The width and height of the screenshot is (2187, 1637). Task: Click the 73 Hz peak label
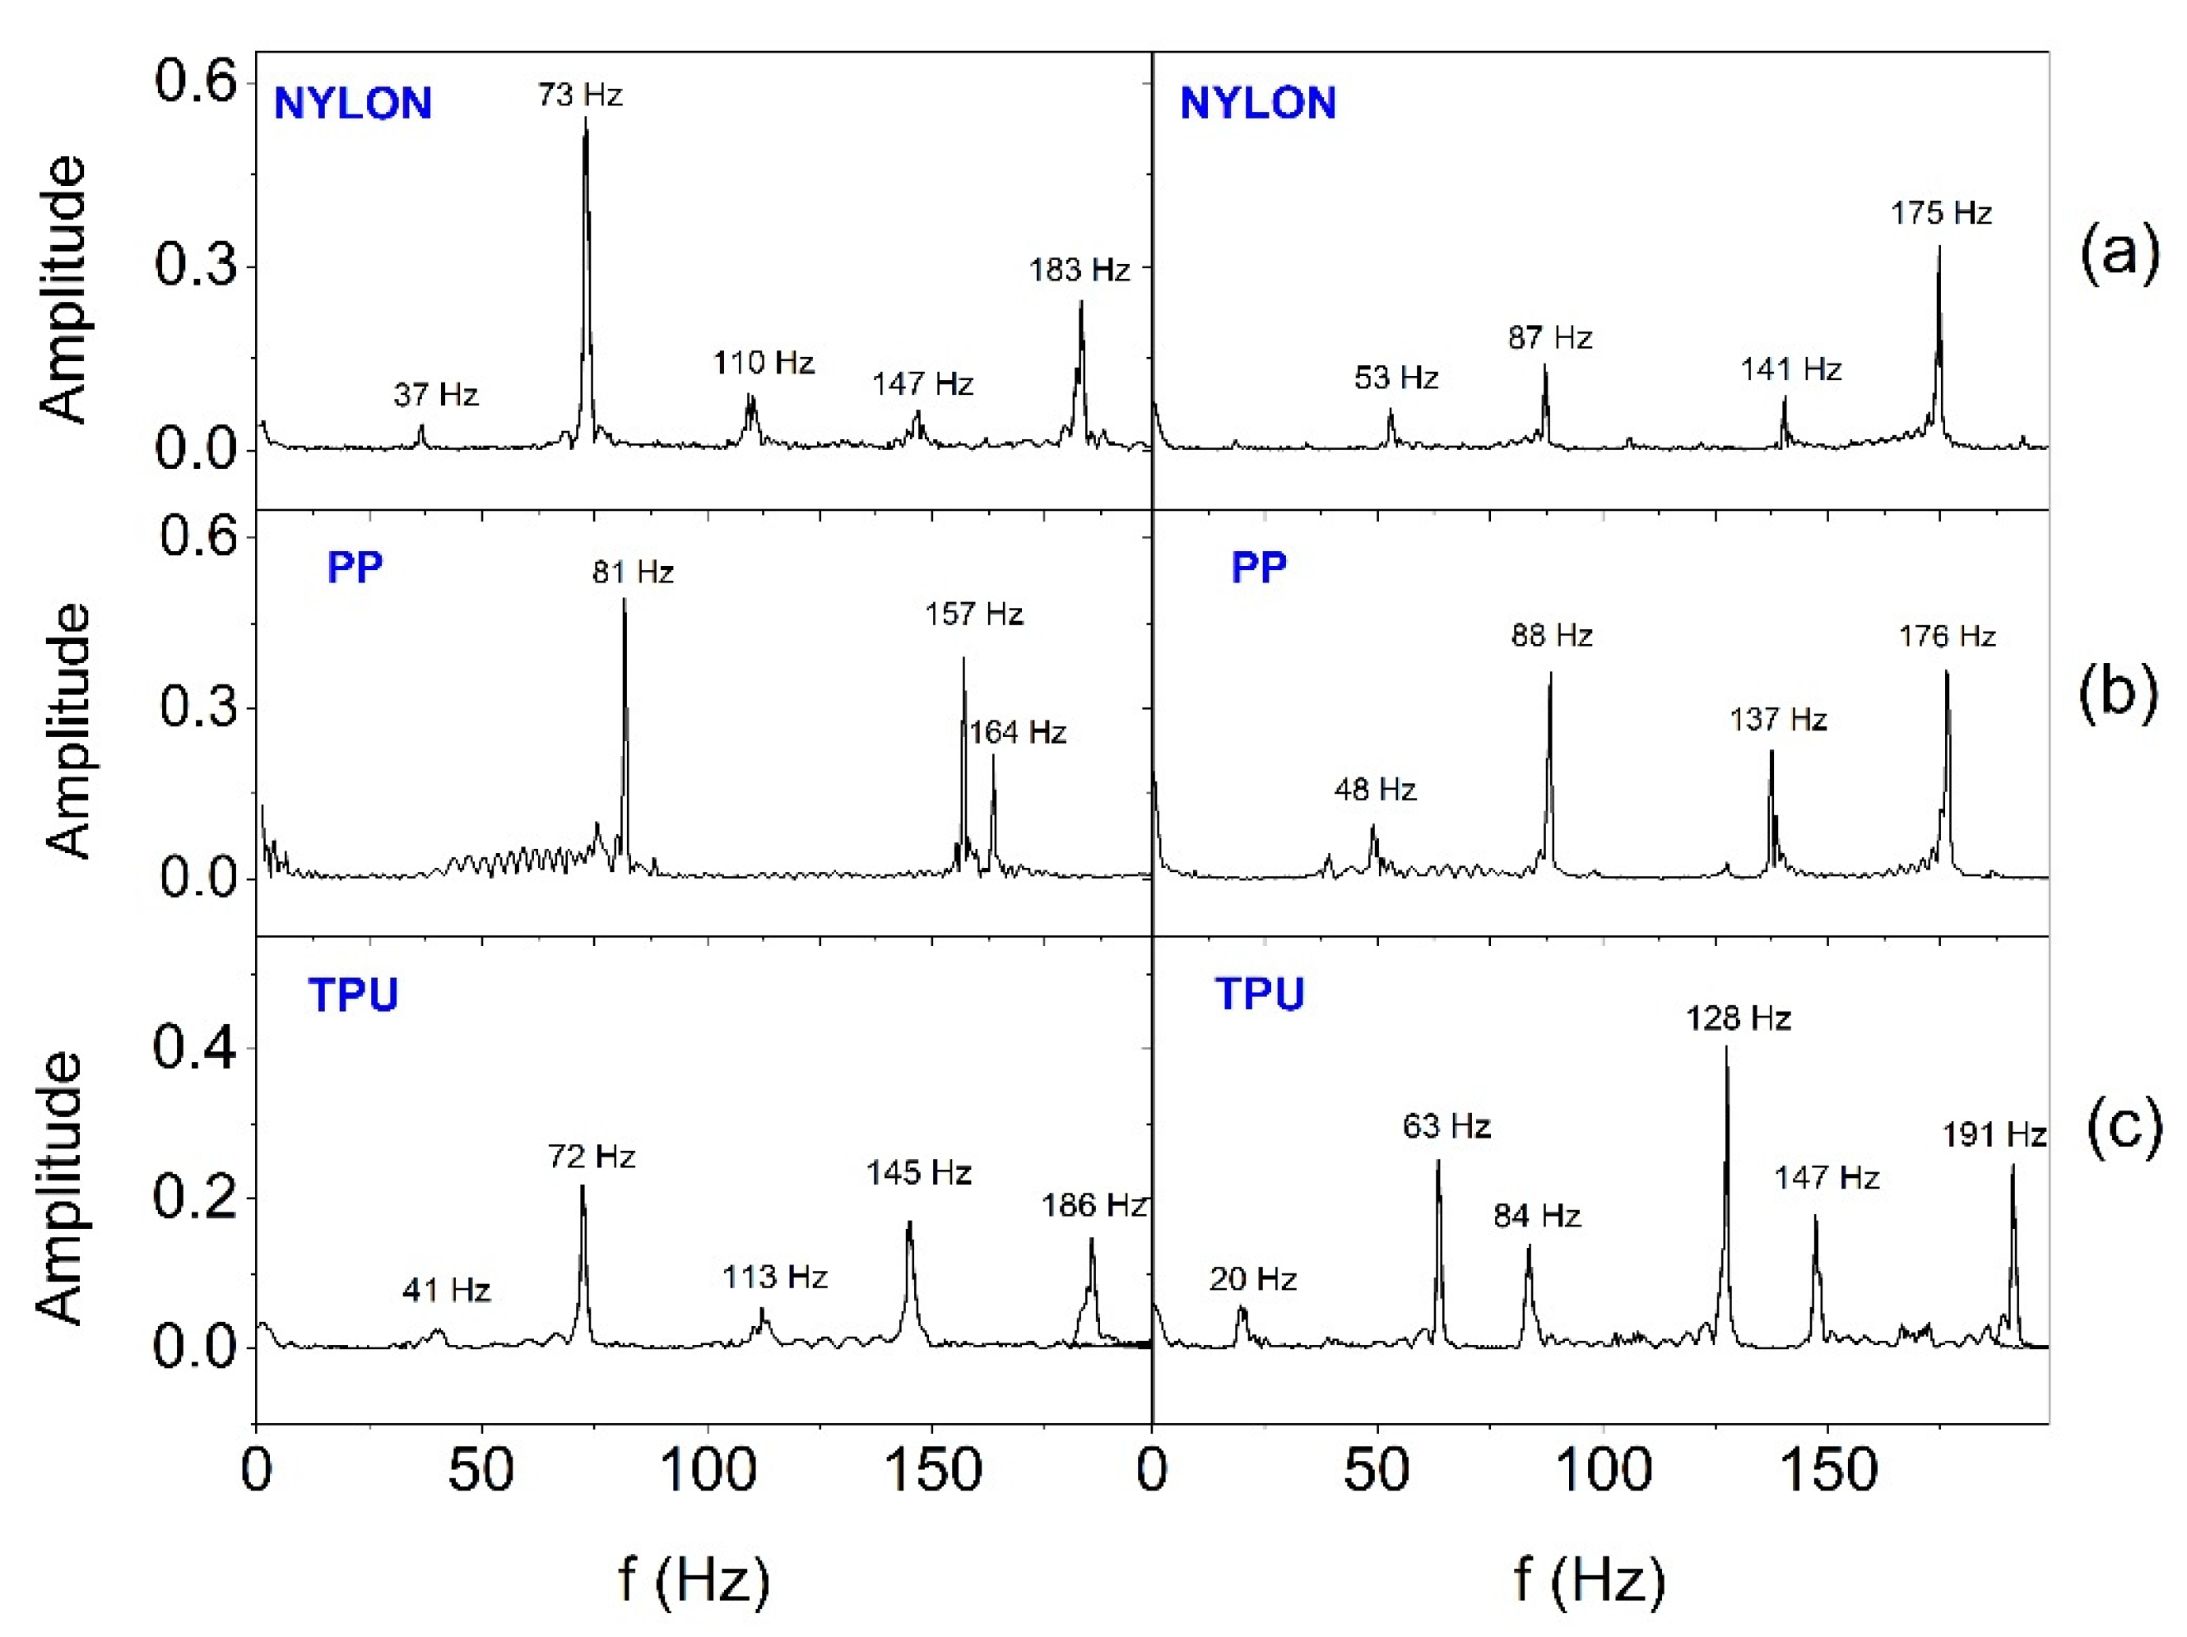click(580, 95)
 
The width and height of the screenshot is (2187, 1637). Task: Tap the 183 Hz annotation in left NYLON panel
click(1079, 270)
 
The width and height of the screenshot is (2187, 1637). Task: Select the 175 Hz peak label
click(1941, 212)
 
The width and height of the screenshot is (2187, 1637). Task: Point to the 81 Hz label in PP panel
click(633, 572)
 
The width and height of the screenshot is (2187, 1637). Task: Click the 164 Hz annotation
click(1017, 732)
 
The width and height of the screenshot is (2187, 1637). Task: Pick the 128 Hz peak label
click(1738, 1018)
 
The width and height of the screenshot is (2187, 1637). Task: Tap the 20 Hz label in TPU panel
click(1252, 1279)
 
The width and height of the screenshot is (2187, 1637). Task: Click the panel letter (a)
click(2120, 254)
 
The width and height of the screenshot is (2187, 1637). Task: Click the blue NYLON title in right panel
click(1257, 103)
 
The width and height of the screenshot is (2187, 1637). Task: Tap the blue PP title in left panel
click(354, 568)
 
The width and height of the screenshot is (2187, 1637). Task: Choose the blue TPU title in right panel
click(1260, 994)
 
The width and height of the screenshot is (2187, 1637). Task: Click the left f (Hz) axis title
click(693, 1579)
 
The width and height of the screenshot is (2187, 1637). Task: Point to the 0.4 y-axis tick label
click(195, 1049)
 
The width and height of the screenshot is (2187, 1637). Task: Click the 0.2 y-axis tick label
click(195, 1198)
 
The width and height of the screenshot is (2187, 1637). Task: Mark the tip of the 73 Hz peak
click(585, 118)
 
